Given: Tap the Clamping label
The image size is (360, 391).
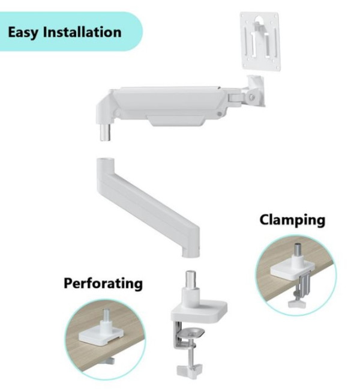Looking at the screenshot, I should (292, 220).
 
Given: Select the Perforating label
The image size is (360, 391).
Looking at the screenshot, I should (103, 282).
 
